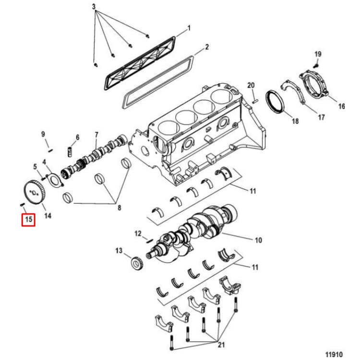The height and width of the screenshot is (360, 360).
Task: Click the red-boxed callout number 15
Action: pos(28,220)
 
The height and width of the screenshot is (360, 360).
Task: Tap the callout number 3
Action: pos(94,7)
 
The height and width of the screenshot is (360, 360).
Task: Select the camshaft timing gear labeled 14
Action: pos(35,192)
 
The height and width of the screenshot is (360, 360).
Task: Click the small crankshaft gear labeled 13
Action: pos(137,263)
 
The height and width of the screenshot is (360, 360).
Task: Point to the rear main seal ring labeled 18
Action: pos(276,102)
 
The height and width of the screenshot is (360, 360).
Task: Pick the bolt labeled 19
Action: pos(316,66)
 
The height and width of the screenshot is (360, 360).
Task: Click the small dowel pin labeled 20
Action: pos(255,100)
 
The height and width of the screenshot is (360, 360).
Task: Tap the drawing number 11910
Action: pos(334,354)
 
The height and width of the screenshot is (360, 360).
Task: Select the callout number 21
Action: pos(221,344)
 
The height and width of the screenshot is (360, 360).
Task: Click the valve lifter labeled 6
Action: pos(70,152)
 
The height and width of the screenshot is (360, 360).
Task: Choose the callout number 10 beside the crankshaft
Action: pos(259,240)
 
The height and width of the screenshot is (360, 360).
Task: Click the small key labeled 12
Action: pos(149,240)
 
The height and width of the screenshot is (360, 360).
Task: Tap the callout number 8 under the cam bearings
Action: pos(120,208)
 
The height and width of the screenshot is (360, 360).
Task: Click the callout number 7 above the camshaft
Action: pos(96,135)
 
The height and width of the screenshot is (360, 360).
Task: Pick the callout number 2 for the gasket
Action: pos(207,47)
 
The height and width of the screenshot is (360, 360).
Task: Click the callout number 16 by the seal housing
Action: pos(342,106)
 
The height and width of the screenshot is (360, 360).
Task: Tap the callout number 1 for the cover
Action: pos(189,28)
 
